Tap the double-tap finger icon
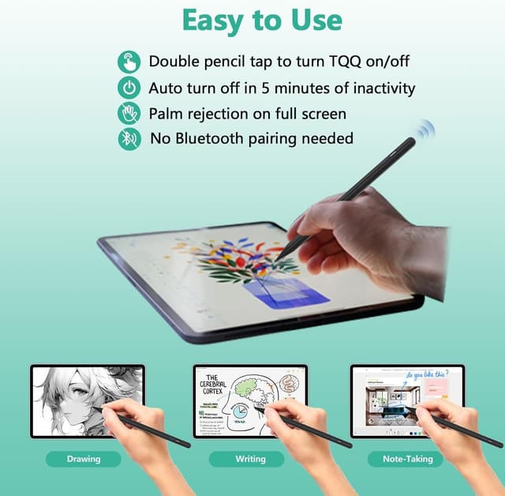(x=129, y=62)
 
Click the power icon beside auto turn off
(x=129, y=88)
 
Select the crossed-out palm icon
(x=129, y=113)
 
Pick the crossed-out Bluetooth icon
(x=129, y=139)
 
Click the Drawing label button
(x=83, y=459)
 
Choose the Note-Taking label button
(x=406, y=459)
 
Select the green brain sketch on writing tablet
(x=260, y=390)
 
